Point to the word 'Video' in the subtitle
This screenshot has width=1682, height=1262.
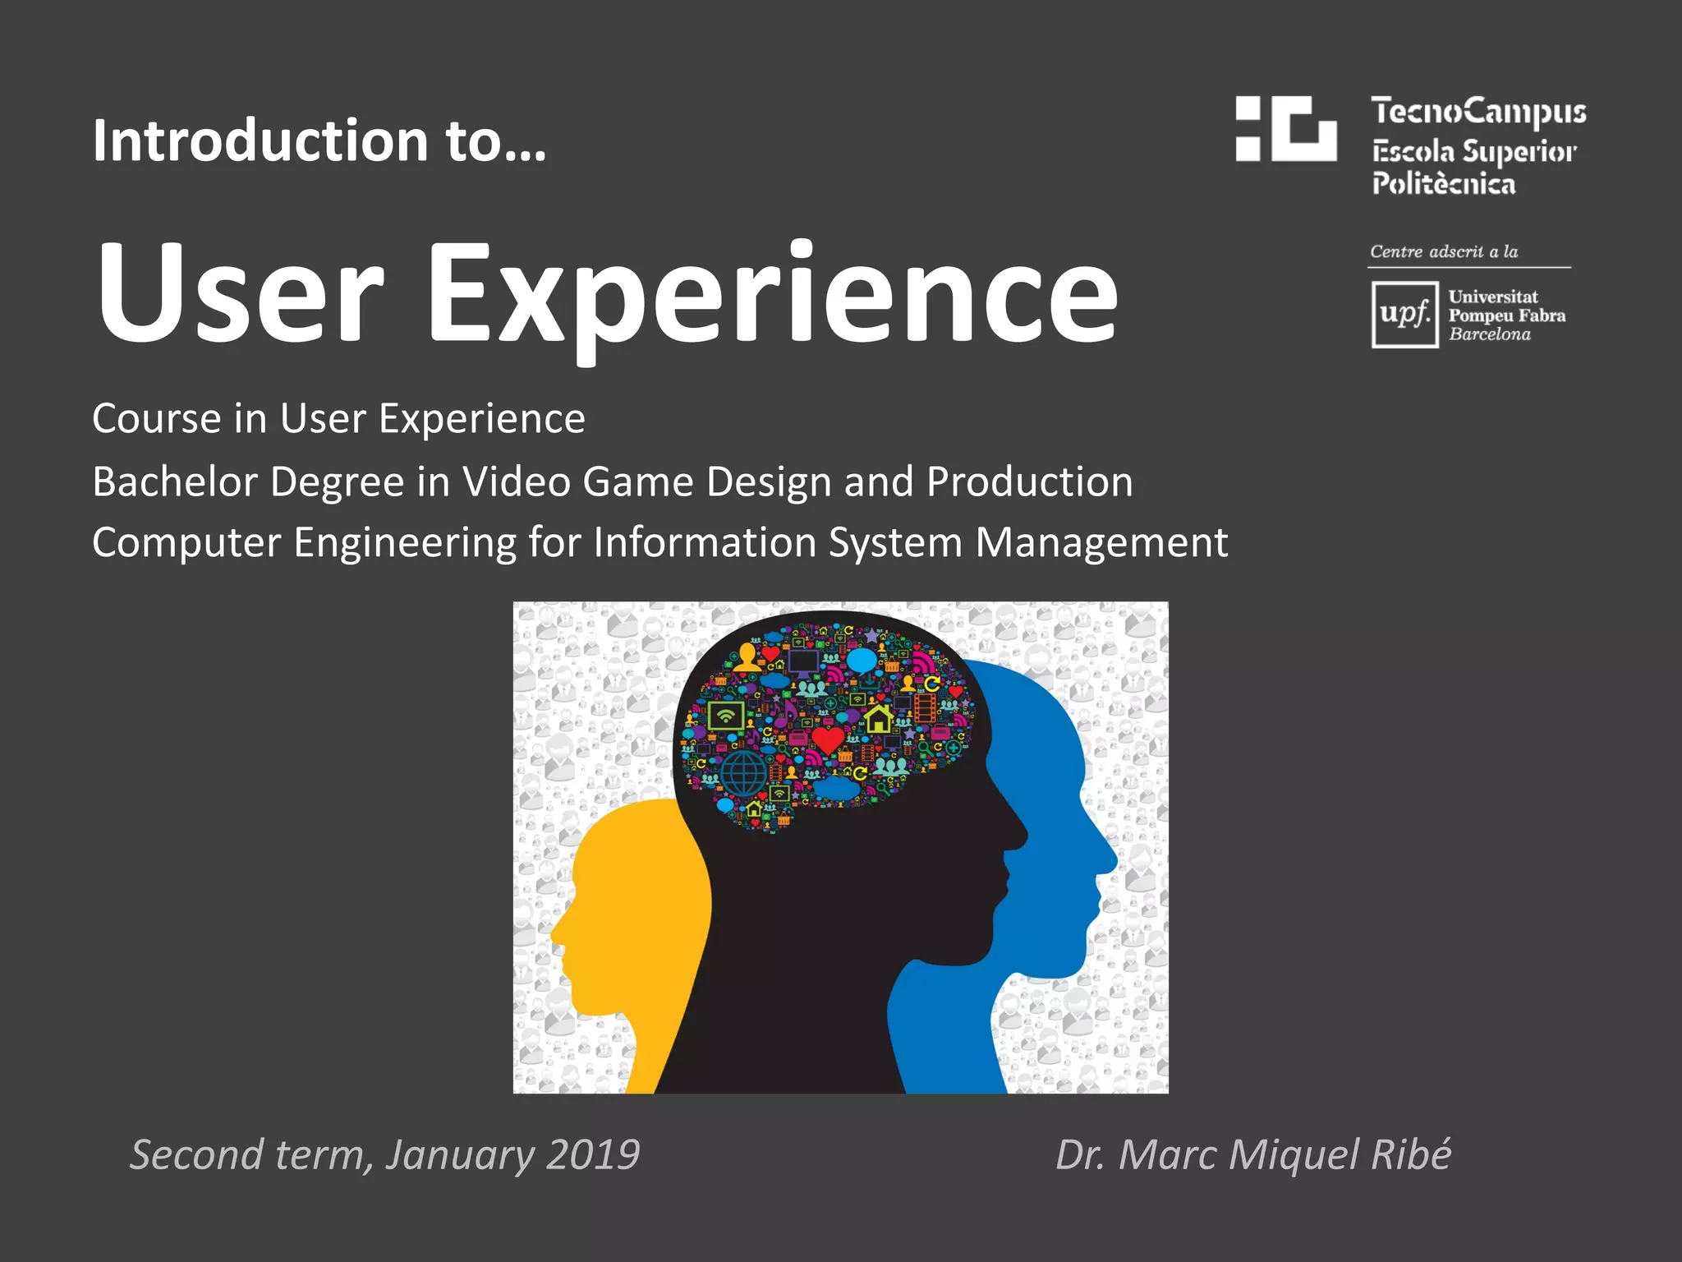tap(516, 481)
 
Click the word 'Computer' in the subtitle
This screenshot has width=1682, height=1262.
tap(186, 543)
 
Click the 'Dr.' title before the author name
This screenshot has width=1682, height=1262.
tap(1080, 1154)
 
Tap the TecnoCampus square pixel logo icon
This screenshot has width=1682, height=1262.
tap(1286, 129)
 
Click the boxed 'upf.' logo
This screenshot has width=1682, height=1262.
tap(1404, 315)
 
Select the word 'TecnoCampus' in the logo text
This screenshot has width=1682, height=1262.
tap(1478, 112)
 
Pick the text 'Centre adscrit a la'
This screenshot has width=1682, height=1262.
tap(1444, 251)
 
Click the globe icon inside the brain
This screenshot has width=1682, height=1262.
tap(744, 772)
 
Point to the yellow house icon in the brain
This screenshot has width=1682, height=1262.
tap(878, 718)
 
